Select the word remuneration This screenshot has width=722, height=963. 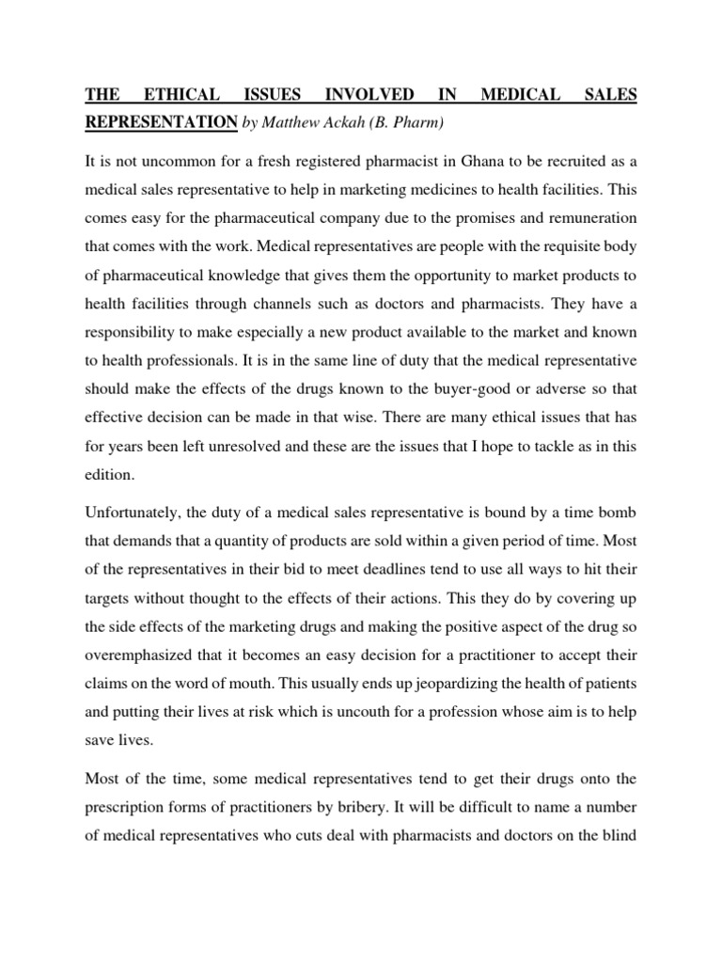(583, 217)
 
